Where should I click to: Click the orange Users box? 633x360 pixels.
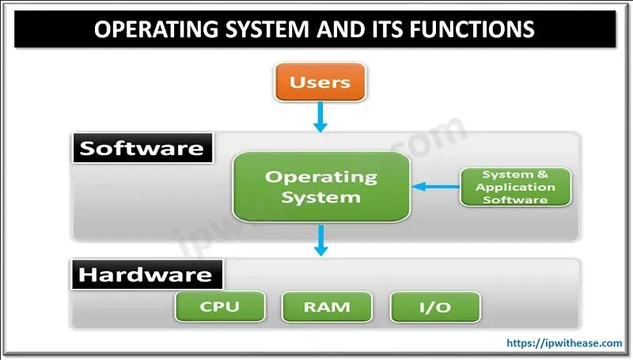pos(320,83)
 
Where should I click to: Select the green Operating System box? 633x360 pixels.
pos(321,187)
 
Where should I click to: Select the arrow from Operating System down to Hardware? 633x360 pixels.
pos(320,239)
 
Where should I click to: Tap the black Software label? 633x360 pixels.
pos(142,149)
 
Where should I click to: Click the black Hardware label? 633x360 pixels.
pos(146,275)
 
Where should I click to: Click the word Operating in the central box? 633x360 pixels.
pos(321,176)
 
